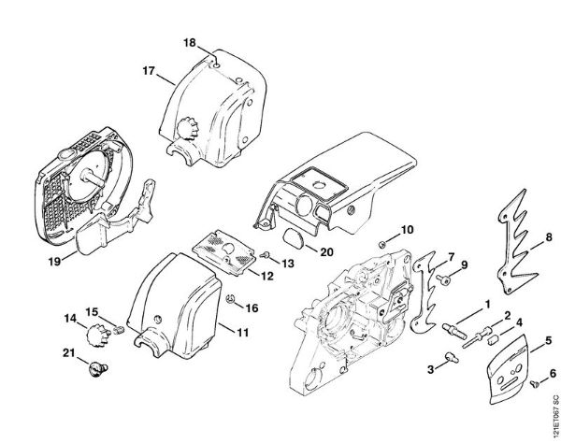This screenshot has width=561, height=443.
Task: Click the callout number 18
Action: tap(189, 43)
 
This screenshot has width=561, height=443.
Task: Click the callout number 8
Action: tap(548, 237)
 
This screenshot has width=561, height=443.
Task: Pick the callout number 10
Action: tap(407, 229)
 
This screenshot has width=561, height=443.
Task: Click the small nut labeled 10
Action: tap(384, 245)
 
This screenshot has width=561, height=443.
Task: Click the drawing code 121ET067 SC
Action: tap(553, 411)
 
